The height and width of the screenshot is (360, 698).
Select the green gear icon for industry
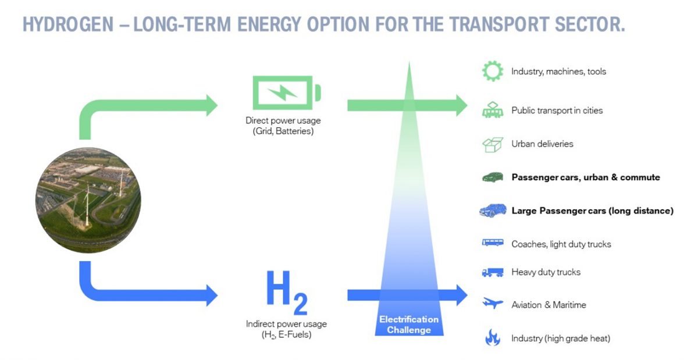(x=492, y=71)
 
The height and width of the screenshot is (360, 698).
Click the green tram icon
(x=492, y=110)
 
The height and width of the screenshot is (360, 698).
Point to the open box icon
(x=492, y=144)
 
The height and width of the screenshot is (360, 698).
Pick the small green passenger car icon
(x=492, y=177)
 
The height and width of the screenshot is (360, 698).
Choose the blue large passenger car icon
(x=492, y=211)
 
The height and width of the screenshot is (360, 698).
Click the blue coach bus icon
(x=492, y=243)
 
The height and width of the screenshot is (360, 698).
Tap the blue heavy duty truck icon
(x=492, y=272)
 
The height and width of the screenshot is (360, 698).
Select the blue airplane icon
(x=492, y=304)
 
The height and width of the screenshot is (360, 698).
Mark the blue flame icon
(x=492, y=338)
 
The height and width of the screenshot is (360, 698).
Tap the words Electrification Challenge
(x=409, y=325)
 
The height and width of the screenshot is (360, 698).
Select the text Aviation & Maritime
(x=549, y=305)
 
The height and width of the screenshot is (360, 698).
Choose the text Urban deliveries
(x=542, y=144)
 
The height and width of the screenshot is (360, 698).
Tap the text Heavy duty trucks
(x=546, y=272)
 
